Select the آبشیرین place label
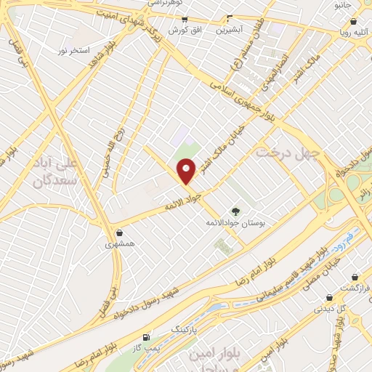pyautogui.click(x=232, y=31)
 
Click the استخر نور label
pyautogui.click(x=74, y=52)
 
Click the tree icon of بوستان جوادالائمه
pyautogui.click(x=234, y=210)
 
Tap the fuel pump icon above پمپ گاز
pyautogui.click(x=147, y=337)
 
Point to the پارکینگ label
pyautogui.click(x=183, y=328)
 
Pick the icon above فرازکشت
pyautogui.click(x=355, y=277)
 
